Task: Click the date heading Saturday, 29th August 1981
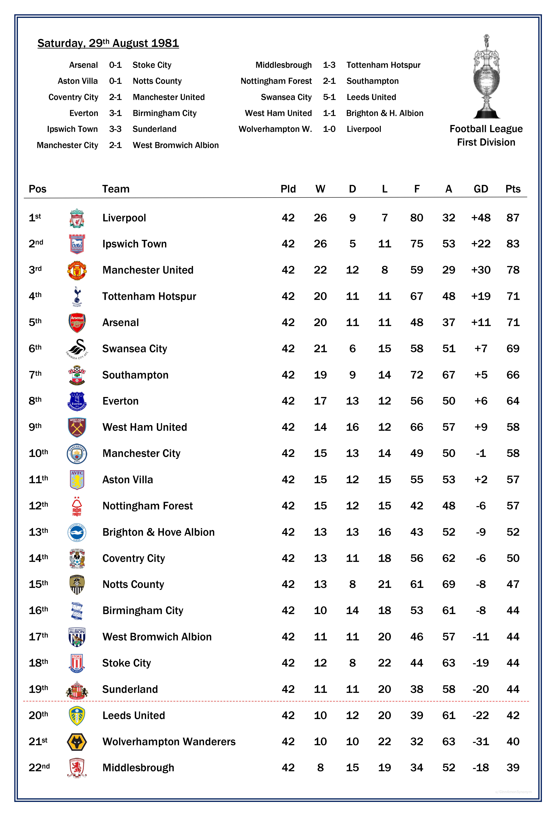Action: tap(108, 43)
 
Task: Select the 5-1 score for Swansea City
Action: tap(329, 97)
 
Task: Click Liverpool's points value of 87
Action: tap(513, 218)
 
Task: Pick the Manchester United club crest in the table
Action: tap(77, 270)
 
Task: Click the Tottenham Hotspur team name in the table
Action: tap(149, 296)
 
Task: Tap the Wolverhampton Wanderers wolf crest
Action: tap(77, 741)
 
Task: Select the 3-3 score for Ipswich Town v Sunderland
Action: tap(115, 129)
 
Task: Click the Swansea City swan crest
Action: tap(77, 349)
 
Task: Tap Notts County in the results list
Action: tap(157, 81)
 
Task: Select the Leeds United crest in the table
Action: tap(77, 716)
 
